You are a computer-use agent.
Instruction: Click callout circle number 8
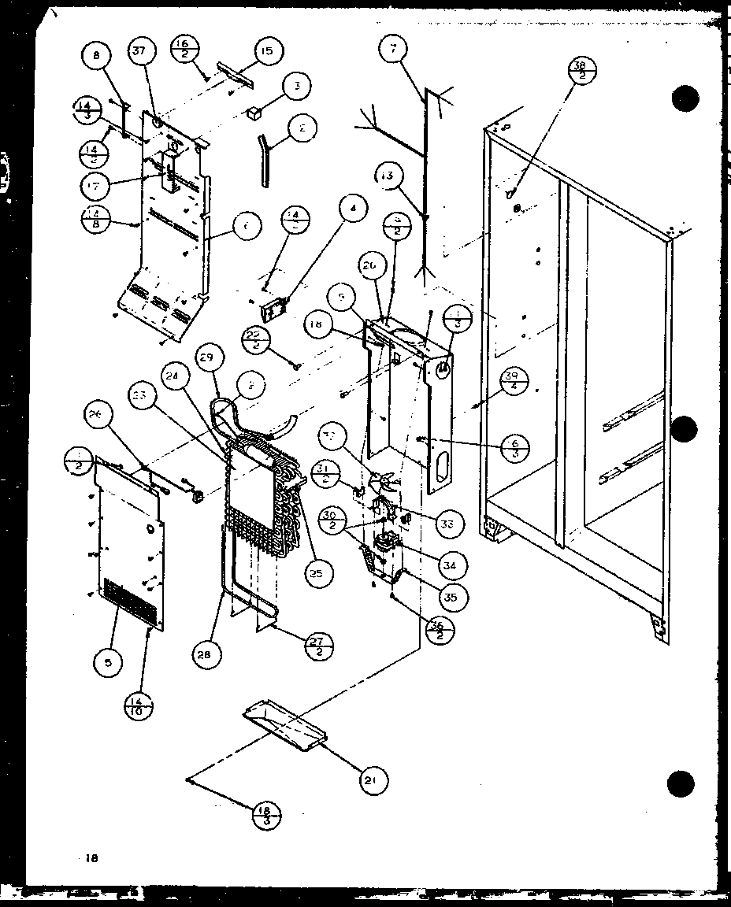tap(97, 57)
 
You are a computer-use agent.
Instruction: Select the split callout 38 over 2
tap(582, 75)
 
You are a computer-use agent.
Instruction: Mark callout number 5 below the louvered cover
tap(108, 664)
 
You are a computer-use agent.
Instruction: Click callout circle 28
tap(206, 654)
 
